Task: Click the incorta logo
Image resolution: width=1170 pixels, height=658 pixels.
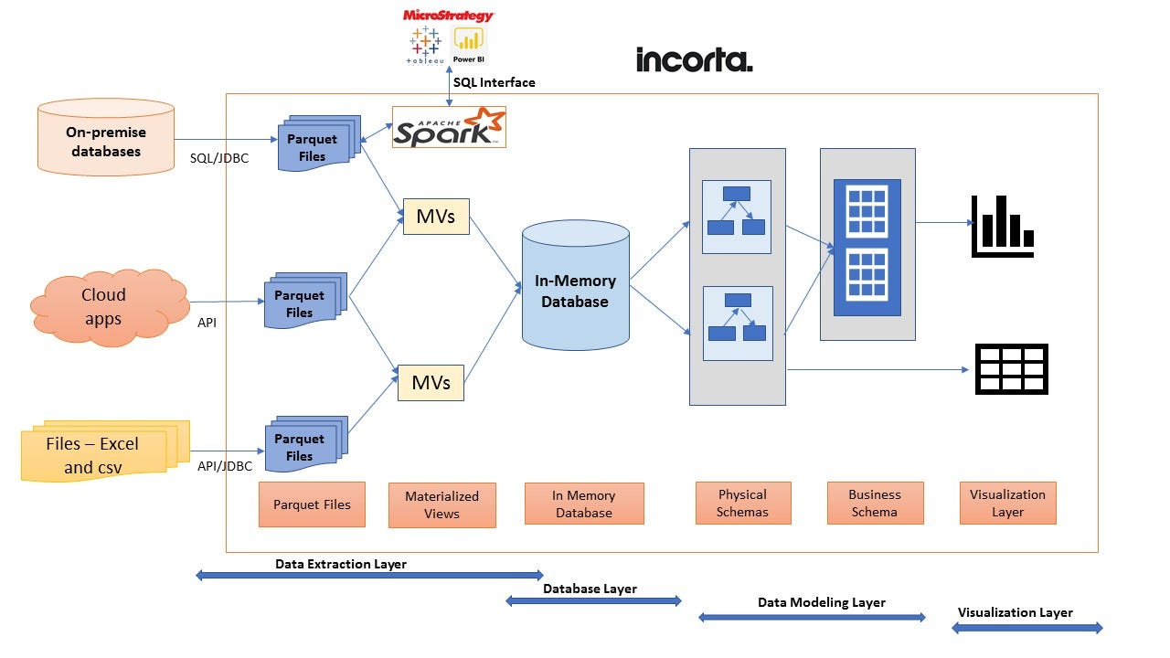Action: point(694,60)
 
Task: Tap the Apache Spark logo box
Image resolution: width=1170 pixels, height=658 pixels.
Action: point(449,127)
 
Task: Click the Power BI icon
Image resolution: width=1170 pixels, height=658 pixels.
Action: point(469,44)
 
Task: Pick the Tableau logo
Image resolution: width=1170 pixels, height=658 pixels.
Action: point(423,45)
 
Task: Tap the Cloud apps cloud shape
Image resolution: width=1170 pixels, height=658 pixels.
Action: point(103,306)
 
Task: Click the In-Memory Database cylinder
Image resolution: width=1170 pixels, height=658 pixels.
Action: point(575,289)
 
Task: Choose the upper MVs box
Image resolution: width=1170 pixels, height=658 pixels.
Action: point(436,217)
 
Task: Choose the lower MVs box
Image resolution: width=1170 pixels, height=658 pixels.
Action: point(431,382)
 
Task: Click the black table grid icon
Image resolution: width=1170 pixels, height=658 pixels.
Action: point(1011,369)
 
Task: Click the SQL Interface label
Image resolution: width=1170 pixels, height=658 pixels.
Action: point(495,82)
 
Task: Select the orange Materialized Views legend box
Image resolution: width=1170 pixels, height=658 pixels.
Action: point(441,504)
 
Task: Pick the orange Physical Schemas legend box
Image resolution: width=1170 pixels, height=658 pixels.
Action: point(742,503)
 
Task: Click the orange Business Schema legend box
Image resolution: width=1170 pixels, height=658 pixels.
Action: point(875,503)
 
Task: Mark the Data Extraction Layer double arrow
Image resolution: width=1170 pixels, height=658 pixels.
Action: point(369,576)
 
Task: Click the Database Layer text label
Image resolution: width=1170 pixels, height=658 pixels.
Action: point(590,589)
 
